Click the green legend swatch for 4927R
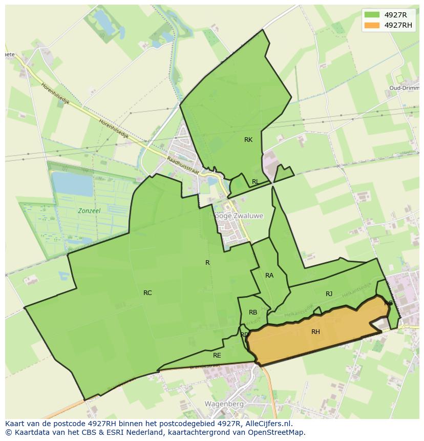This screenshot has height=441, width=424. pyautogui.click(x=372, y=15)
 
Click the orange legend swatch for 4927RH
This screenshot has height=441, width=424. pyautogui.click(x=372, y=25)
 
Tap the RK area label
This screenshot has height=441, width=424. pyautogui.click(x=248, y=140)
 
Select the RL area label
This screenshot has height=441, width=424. pyautogui.click(x=255, y=182)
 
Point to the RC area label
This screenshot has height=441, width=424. pyautogui.click(x=147, y=293)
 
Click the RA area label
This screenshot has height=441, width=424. pyautogui.click(x=269, y=276)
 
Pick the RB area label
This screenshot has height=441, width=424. pyautogui.click(x=253, y=312)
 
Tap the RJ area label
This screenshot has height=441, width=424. pyautogui.click(x=329, y=294)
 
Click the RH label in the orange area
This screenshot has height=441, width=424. pyautogui.click(x=315, y=332)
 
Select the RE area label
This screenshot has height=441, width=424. pyautogui.click(x=217, y=355)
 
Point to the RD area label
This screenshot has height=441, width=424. pyautogui.click(x=244, y=335)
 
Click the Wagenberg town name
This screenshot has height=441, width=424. pyautogui.click(x=224, y=404)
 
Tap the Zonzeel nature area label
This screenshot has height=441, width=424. pyautogui.click(x=89, y=211)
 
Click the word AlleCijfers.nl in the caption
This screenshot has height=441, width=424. pyautogui.click(x=267, y=424)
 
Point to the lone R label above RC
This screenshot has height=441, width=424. pyautogui.click(x=207, y=263)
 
